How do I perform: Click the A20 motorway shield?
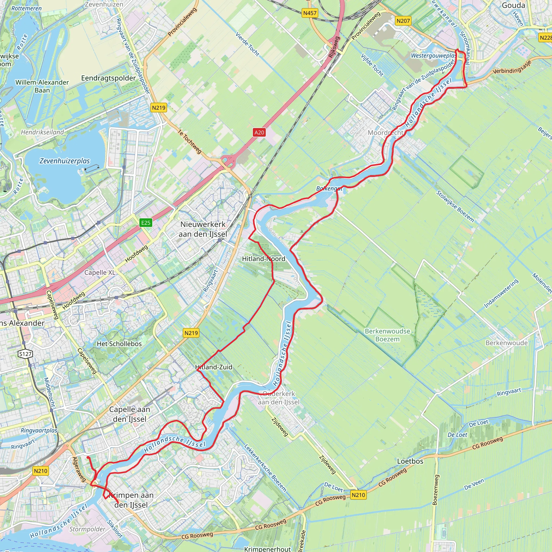point(259,132)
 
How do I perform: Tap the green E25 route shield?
point(146,223)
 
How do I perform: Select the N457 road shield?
point(310,13)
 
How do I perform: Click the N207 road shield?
point(403,21)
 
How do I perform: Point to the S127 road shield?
point(25,354)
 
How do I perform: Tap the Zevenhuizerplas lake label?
point(65,161)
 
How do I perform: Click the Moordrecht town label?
point(385,133)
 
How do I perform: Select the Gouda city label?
point(513,5)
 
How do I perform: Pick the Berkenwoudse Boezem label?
point(387,335)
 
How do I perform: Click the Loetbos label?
point(410,461)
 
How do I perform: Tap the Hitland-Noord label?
point(263,259)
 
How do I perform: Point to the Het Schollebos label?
point(119,344)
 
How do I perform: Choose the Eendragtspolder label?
point(108,78)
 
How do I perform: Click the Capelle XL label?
point(100,272)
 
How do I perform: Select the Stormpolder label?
point(87,529)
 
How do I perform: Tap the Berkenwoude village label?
point(506,343)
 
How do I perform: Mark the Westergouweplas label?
point(433,56)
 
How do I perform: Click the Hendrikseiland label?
point(42,132)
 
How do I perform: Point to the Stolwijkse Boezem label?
point(455,206)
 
